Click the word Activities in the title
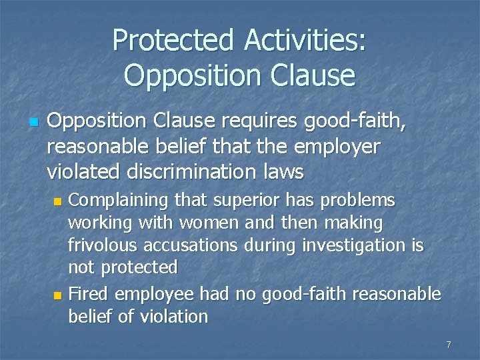point(305,41)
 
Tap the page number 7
point(449,345)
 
